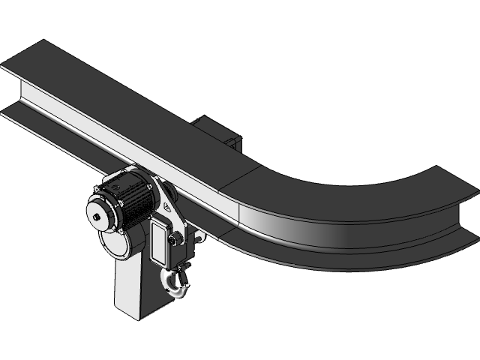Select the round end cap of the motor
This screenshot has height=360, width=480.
point(100,217)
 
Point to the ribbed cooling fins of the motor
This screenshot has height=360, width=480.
point(135,200)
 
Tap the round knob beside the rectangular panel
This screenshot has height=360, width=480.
point(178,239)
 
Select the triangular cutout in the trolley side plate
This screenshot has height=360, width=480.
point(166,205)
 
